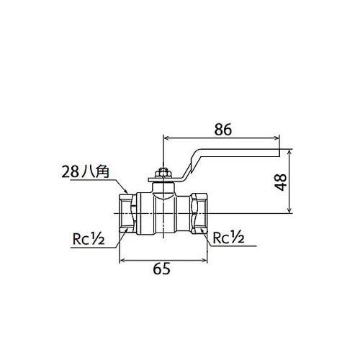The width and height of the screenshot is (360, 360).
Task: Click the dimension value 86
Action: (223, 130)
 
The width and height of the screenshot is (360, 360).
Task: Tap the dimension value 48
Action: (281, 182)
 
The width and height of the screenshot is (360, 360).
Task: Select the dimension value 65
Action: (162, 269)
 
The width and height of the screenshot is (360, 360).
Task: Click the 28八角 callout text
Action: (86, 172)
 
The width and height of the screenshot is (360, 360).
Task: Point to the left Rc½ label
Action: (89, 239)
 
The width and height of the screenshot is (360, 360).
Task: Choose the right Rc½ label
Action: (229, 238)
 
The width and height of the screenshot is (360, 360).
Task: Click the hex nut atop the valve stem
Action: (163, 173)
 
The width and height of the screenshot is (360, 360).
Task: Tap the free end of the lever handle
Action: (279, 153)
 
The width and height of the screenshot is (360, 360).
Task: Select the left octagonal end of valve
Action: (127, 213)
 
